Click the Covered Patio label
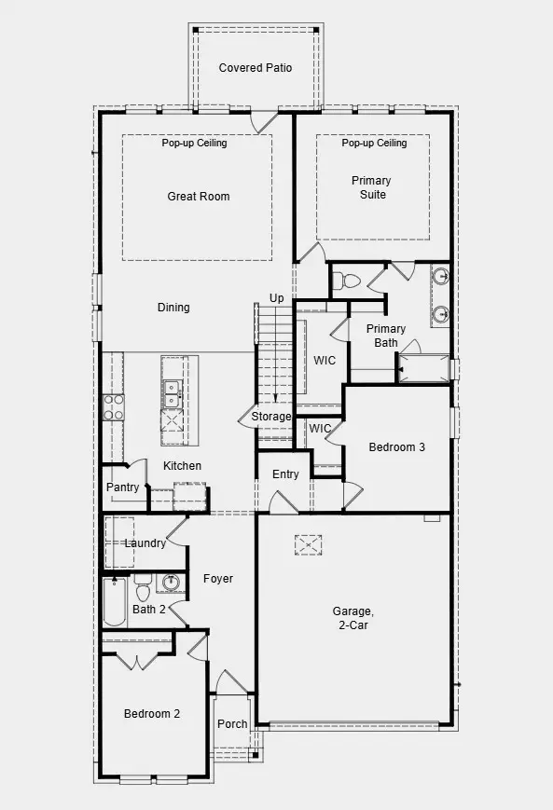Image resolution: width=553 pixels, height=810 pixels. click(255, 68)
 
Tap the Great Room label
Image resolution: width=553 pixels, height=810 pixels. click(198, 197)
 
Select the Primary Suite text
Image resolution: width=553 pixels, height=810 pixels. click(371, 187)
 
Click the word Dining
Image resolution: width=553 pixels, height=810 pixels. click(173, 308)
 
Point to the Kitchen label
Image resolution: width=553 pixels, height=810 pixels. click(182, 466)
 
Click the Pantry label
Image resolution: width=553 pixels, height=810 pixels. click(122, 487)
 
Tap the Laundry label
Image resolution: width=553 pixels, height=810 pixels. click(145, 543)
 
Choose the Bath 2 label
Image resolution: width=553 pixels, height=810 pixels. click(148, 610)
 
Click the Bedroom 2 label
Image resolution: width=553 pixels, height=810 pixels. click(152, 714)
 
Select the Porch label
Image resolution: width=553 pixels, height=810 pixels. click(232, 724)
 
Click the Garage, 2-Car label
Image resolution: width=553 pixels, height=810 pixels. click(353, 619)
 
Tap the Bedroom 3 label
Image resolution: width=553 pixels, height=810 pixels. click(396, 447)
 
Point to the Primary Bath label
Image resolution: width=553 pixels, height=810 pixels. click(385, 336)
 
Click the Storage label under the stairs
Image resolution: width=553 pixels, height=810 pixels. click(271, 417)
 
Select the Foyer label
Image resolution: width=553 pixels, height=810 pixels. click(218, 579)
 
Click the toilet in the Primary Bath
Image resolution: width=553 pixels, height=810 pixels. click(349, 280)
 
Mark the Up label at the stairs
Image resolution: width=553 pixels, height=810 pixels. click(276, 298)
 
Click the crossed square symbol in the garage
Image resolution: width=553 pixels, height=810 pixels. click(307, 543)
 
